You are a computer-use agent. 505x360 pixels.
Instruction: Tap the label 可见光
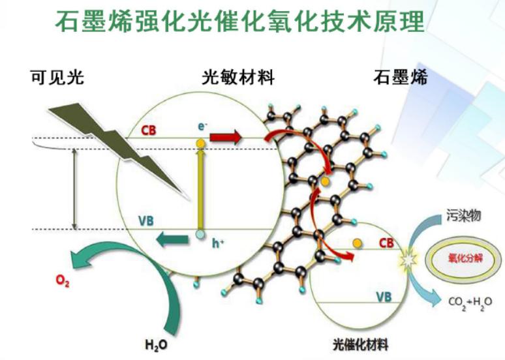point(56,78)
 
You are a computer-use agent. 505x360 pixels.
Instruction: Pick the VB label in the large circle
point(146,221)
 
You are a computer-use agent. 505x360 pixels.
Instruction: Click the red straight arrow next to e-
point(226,137)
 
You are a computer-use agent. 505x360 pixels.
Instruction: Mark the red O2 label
point(61,282)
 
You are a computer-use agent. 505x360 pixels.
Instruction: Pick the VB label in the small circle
point(384,297)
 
